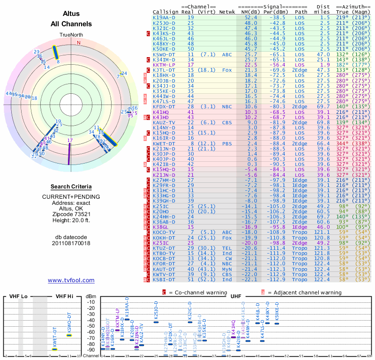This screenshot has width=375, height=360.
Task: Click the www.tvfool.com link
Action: pyautogui.click(x=71, y=280)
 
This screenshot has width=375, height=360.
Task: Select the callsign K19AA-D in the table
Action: pyautogui.click(x=164, y=17)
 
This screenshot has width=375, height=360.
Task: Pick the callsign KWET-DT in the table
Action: pyautogui.click(x=165, y=143)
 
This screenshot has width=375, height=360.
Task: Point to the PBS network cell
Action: pyautogui.click(x=227, y=143)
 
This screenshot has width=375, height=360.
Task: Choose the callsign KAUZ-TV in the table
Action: pyautogui.click(x=165, y=122)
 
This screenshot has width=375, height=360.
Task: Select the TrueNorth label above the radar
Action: pyautogui.click(x=70, y=35)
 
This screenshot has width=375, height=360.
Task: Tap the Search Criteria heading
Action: pyautogui.click(x=71, y=187)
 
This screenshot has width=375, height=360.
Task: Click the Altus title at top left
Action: pyautogui.click(x=71, y=15)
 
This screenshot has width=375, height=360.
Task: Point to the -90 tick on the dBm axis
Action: pyautogui.click(x=91, y=350)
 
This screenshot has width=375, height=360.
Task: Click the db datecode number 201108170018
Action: pyautogui.click(x=71, y=243)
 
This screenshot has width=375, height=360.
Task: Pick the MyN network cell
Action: pyautogui.click(x=227, y=269)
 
